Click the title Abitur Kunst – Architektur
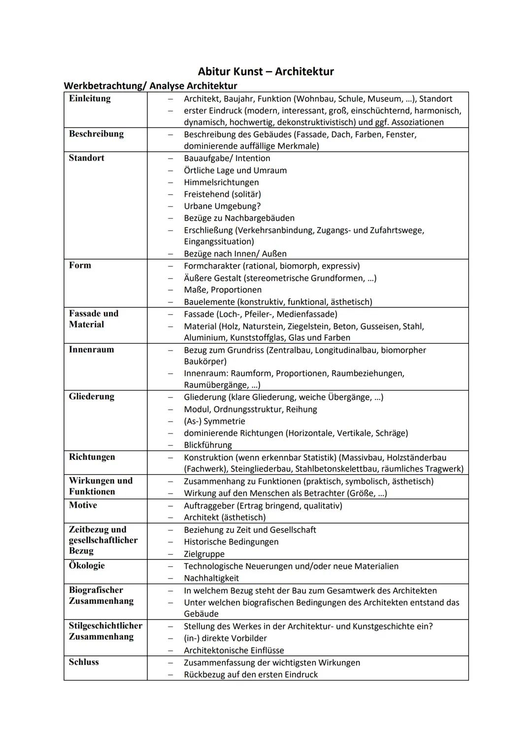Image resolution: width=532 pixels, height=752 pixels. click(266, 71)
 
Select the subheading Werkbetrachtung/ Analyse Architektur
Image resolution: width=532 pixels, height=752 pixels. click(150, 86)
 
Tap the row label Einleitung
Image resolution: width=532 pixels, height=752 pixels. click(90, 98)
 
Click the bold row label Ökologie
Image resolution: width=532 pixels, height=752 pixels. click(87, 565)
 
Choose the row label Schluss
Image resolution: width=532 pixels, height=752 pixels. click(84, 662)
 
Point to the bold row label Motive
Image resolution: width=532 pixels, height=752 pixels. click(83, 505)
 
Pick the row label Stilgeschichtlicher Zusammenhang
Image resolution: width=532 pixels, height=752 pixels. click(105, 631)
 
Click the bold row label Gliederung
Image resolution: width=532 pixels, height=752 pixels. click(92, 396)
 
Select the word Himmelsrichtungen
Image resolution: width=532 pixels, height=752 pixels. click(221, 182)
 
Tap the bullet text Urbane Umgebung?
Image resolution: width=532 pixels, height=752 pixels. click(222, 206)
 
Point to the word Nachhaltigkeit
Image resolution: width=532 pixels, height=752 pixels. click(211, 578)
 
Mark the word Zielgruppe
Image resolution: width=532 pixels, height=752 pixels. click(204, 554)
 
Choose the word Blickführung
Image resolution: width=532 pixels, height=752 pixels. click(208, 445)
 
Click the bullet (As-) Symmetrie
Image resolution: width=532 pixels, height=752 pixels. click(214, 422)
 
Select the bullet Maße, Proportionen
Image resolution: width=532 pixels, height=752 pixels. click(223, 290)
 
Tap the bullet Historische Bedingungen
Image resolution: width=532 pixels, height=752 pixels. click(231, 542)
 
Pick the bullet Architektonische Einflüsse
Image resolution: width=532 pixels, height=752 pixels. click(234, 650)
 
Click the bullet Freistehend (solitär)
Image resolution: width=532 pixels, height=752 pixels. click(222, 194)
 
